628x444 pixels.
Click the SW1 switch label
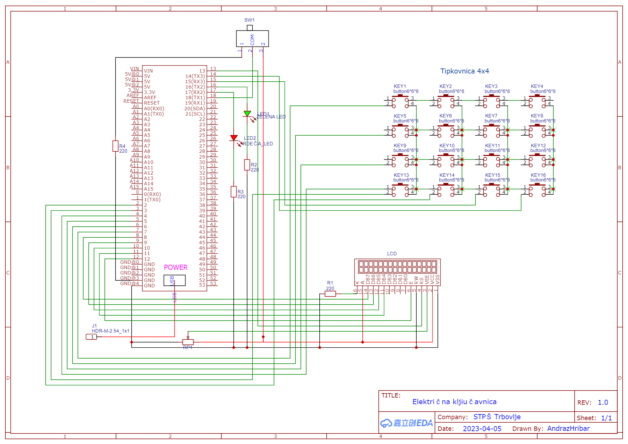click(x=249, y=20)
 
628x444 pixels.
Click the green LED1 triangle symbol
click(x=247, y=113)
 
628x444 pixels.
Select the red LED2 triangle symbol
click(x=234, y=138)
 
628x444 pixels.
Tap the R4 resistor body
click(x=116, y=146)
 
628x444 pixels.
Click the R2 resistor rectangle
click(x=247, y=165)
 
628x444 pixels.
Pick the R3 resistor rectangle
click(x=234, y=192)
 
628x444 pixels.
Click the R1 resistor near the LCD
click(x=330, y=294)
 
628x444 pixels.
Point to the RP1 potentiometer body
click(x=188, y=342)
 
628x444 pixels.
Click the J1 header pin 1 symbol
click(x=91, y=337)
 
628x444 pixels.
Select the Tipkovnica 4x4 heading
click(x=464, y=71)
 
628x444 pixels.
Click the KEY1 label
click(x=400, y=86)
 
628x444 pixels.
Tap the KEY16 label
click(x=538, y=175)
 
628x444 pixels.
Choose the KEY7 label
click(x=491, y=116)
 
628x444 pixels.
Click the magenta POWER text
click(x=176, y=268)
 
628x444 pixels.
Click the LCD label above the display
click(x=392, y=254)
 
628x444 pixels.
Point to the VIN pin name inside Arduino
click(x=148, y=71)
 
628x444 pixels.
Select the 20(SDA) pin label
click(x=194, y=109)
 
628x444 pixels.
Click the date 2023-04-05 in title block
click(x=482, y=429)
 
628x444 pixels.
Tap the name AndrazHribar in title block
click(x=568, y=429)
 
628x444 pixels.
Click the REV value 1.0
click(x=603, y=403)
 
